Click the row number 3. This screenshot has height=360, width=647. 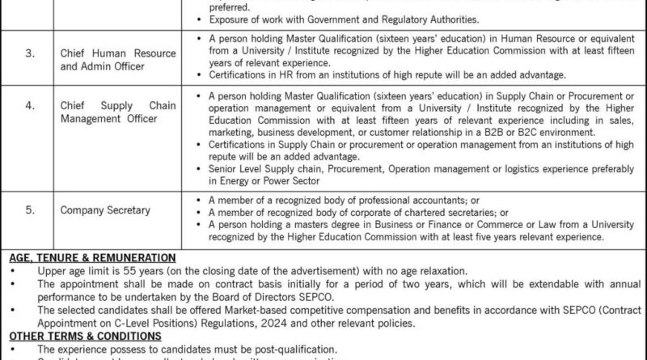(30, 53)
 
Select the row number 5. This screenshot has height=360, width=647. (30, 210)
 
